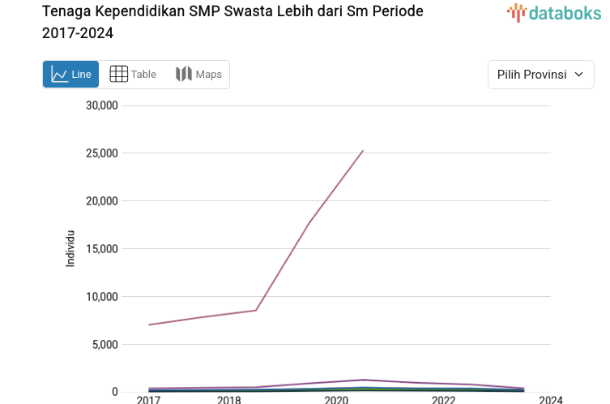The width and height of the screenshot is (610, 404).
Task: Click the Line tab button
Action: [x=71, y=75]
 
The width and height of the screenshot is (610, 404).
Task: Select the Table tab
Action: [x=133, y=75]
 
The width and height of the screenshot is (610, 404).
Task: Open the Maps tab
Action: [x=198, y=75]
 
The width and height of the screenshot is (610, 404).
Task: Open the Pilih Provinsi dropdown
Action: [x=540, y=75]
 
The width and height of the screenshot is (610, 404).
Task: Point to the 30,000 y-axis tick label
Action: [x=102, y=105]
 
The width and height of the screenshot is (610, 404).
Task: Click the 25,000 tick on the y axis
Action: [x=102, y=153]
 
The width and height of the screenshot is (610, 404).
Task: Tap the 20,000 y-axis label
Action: [x=102, y=201]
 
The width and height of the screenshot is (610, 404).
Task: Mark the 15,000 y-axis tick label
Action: [x=102, y=249]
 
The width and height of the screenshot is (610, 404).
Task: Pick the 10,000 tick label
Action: [x=102, y=297]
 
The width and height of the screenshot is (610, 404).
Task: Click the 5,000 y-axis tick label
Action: [x=105, y=345]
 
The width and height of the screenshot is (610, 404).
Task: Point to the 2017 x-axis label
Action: [x=148, y=400]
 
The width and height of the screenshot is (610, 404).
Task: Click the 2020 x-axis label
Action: [x=336, y=400]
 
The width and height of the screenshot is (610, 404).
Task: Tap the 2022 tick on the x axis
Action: [x=443, y=400]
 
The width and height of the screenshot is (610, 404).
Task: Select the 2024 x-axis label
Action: [x=551, y=400]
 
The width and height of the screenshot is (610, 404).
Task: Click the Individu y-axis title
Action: [x=70, y=249]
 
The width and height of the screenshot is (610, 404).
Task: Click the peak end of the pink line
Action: [x=363, y=150]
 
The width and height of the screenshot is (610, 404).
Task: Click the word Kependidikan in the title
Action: [x=134, y=12]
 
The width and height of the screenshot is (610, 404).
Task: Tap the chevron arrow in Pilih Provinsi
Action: [x=578, y=75]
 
